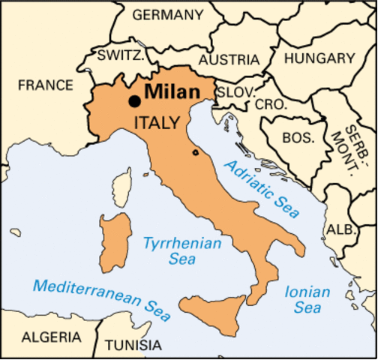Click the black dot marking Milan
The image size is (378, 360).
tap(135, 101)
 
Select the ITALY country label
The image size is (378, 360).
tap(155, 122)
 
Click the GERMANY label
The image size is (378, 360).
tap(167, 14)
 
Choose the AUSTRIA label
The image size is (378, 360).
tap(229, 59)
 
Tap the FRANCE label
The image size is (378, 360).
tap(46, 85)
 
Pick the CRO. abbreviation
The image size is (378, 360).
tap(271, 105)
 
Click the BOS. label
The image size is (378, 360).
tap(298, 137)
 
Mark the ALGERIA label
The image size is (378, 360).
tap(51, 337)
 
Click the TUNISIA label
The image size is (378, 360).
tap(133, 346)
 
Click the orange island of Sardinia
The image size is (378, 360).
tap(112, 232)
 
